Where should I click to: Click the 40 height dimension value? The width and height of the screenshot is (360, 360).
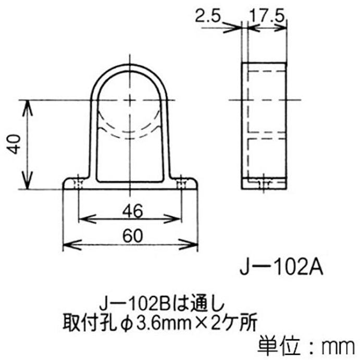pos(16,144)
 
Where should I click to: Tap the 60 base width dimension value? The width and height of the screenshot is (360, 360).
pos(130,235)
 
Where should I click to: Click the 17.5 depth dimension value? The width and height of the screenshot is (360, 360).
pos(266,17)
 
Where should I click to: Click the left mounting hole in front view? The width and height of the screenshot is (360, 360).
pos(78,183)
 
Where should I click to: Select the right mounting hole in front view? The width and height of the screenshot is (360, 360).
pos(181,183)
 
